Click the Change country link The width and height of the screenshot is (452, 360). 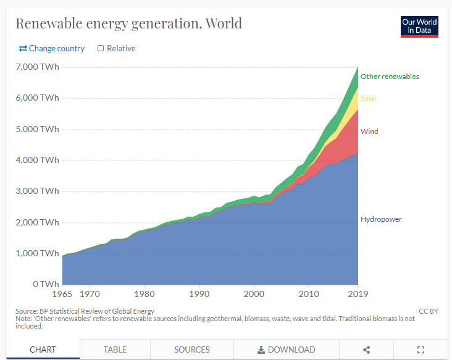(52, 48)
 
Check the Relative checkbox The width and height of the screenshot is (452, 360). (101, 48)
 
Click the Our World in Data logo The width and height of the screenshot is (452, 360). (419, 26)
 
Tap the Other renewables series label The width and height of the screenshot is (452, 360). (390, 77)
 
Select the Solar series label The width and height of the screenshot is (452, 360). (369, 98)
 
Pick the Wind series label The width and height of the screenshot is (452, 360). (369, 132)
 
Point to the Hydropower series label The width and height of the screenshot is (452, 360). (381, 219)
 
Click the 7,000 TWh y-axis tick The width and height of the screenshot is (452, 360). (38, 67)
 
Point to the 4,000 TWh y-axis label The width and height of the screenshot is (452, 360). (38, 160)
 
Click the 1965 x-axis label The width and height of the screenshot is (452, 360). (62, 295)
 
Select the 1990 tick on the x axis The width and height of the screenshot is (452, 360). (199, 295)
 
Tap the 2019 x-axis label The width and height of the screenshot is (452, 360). (358, 295)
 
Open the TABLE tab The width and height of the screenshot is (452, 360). (115, 350)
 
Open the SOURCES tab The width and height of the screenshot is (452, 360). (192, 350)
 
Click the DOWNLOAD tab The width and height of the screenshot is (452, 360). (287, 350)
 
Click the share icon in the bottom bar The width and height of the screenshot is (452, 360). (366, 350)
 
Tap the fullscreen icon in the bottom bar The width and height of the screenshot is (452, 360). (421, 350)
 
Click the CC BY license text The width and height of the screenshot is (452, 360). (428, 311)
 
